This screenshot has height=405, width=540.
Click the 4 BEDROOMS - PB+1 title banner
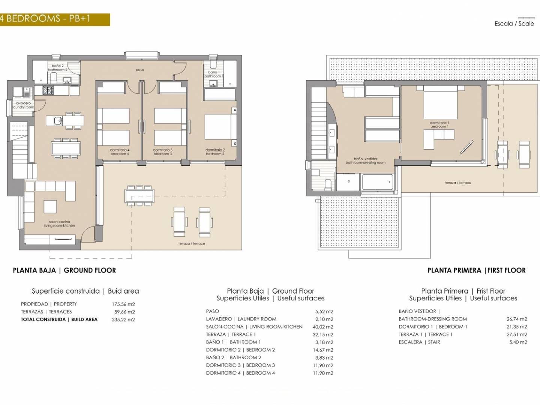click(55, 19)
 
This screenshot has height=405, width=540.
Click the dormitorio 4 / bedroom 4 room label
click(120, 152)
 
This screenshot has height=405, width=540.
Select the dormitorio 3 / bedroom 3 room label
click(163, 152)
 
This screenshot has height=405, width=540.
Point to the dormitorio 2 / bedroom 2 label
click(215, 152)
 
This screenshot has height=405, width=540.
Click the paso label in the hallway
click(140, 70)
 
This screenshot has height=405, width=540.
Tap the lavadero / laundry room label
click(23, 105)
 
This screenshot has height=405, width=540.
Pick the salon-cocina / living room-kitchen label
click(60, 223)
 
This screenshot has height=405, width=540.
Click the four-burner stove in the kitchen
click(47, 90)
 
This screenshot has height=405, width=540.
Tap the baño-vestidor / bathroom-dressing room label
click(365, 160)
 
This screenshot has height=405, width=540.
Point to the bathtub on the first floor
click(378, 182)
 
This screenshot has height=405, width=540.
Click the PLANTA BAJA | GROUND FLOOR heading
click(64, 270)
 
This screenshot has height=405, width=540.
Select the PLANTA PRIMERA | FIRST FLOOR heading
click(476, 270)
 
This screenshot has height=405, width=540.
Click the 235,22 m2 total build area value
click(123, 319)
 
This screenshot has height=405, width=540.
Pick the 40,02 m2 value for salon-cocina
click(323, 327)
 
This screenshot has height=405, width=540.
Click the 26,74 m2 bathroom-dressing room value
click(517, 319)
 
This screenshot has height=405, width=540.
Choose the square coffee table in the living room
click(50, 207)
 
